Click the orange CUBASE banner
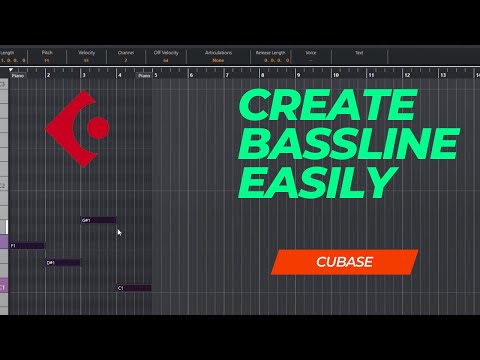tap(344, 262)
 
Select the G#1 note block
tap(98, 220)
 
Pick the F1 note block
tap(27, 245)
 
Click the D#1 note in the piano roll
tap(62, 263)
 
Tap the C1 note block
tap(133, 288)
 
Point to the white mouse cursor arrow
tap(119, 233)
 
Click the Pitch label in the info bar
tap(47, 52)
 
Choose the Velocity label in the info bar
tap(87, 52)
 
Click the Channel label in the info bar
tap(126, 52)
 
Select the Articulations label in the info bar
tap(218, 52)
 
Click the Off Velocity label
tap(166, 52)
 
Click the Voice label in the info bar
tap(312, 52)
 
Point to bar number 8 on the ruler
tap(263, 74)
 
